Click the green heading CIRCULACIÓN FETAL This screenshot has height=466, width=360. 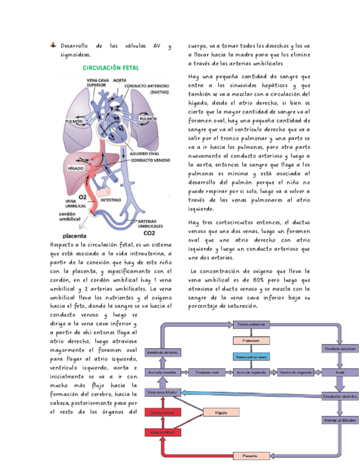tap(110, 68)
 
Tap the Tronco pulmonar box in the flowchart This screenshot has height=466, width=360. tap(251, 325)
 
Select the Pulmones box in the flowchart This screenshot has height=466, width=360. tap(251, 341)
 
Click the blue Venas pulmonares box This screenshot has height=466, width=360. tap(251, 357)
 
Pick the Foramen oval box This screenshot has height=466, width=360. tap(207, 373)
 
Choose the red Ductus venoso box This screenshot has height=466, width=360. tap(162, 412)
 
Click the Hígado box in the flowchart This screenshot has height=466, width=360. tap(221, 412)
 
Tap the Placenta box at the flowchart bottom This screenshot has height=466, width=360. tap(251, 456)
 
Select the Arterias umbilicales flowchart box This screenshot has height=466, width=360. tap(340, 420)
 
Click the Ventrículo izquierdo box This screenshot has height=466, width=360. tap(295, 373)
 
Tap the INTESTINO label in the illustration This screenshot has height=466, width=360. tap(111, 201)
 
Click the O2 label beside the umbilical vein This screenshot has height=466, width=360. tap(83, 197)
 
